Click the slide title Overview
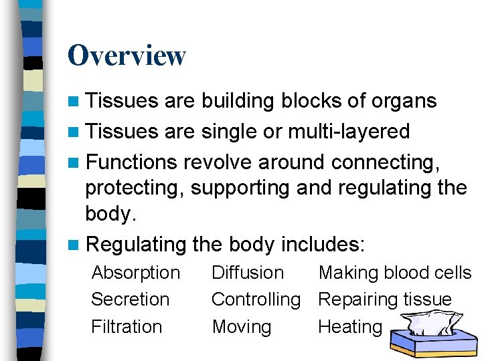[x=127, y=55]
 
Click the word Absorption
[x=135, y=273]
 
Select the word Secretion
[x=130, y=299]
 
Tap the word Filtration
[x=127, y=327]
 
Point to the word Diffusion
[x=248, y=273]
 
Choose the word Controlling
[x=256, y=299]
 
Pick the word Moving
[x=242, y=327]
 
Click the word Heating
[x=349, y=327]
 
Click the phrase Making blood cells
[x=395, y=273]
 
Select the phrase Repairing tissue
[x=385, y=299]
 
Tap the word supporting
[x=240, y=188]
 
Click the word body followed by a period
[x=110, y=214]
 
